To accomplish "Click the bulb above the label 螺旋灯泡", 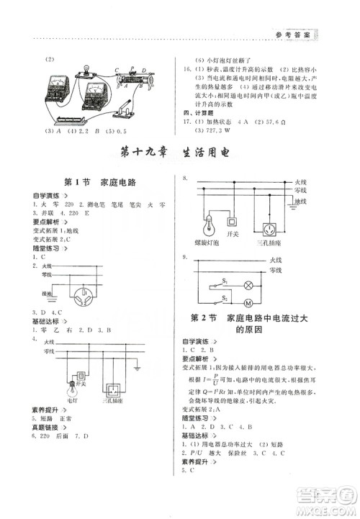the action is click(210, 225).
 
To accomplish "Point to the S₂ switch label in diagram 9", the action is click(225, 295).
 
